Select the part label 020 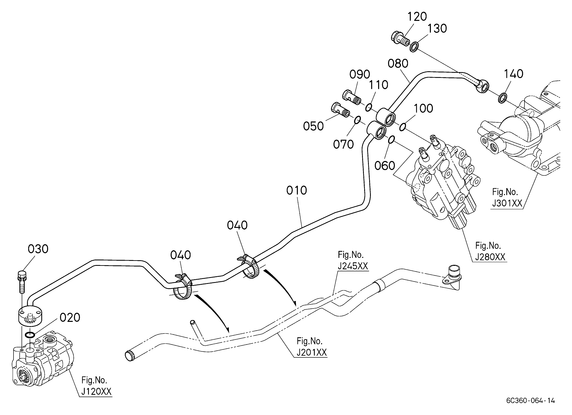pyautogui.click(x=70, y=318)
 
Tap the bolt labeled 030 pyautogui.click(x=22, y=282)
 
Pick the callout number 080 pyautogui.click(x=398, y=64)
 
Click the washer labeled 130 pyautogui.click(x=414, y=47)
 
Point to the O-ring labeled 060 pyautogui.click(x=391, y=139)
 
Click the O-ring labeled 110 pyautogui.click(x=369, y=107)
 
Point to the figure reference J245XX pyautogui.click(x=353, y=266)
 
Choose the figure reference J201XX pyautogui.click(x=312, y=352)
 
